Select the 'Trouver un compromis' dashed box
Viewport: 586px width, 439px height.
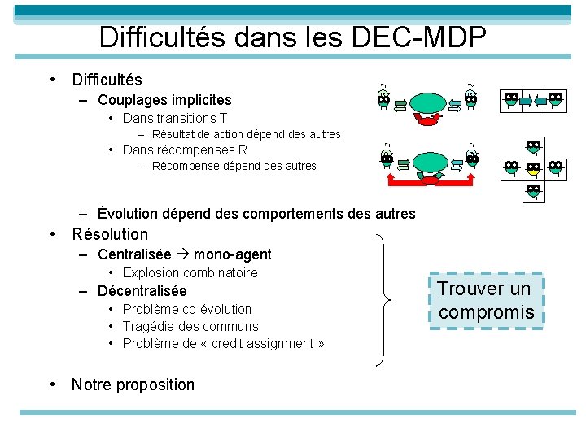point(486,300)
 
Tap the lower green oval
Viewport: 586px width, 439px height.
point(428,162)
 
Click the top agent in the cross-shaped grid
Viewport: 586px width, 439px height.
point(533,147)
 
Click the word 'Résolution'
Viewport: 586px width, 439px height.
point(110,234)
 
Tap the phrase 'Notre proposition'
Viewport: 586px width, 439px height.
point(133,385)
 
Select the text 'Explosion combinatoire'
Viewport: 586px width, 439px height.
point(190,272)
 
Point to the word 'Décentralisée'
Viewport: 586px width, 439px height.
point(142,290)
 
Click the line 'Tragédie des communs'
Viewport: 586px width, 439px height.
point(190,326)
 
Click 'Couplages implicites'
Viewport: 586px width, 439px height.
point(164,100)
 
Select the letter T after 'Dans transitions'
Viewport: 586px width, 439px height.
point(223,118)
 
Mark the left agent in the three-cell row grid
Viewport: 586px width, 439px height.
point(511,100)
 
